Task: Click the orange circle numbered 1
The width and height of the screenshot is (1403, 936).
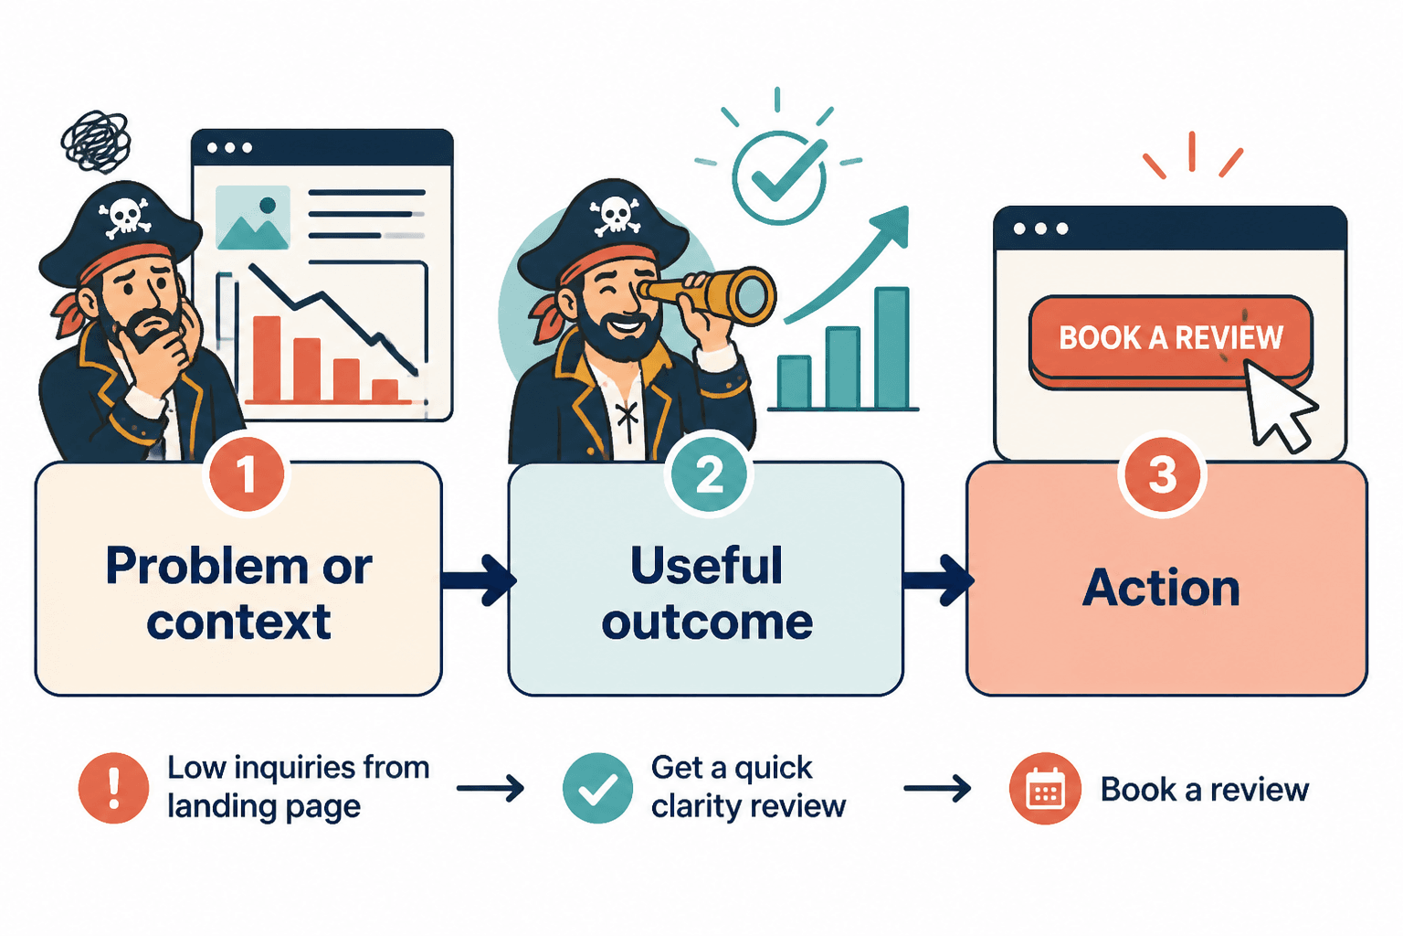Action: tap(246, 474)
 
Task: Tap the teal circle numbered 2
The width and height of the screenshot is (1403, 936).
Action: tap(709, 474)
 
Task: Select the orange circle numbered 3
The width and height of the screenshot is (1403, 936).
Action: tap(1162, 474)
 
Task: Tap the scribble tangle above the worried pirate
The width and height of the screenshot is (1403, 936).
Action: tap(96, 142)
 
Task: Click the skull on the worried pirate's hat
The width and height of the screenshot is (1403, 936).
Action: tap(125, 217)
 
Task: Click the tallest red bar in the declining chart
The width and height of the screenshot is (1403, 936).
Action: tap(267, 358)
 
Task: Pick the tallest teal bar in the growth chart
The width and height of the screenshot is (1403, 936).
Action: tap(891, 348)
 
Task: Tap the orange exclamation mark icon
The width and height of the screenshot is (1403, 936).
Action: tap(113, 788)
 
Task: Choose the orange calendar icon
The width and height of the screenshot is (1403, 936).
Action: tap(1045, 788)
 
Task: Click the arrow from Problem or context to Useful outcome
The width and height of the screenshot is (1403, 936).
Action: tap(479, 580)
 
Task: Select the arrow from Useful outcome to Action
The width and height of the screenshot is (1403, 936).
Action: tap(938, 580)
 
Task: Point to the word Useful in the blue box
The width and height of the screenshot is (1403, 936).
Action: tap(706, 565)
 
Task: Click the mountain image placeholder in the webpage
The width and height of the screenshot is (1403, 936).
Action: tap(252, 217)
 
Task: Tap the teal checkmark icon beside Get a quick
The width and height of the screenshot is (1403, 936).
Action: tap(597, 788)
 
